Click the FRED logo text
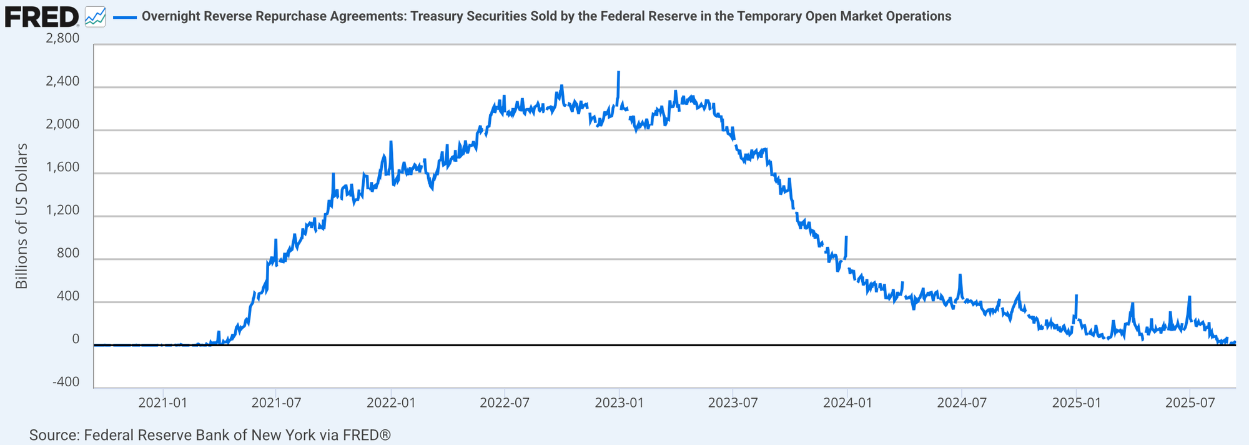(x=41, y=17)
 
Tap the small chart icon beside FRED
(x=95, y=17)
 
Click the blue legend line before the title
(x=125, y=17)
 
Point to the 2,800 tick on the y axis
(x=63, y=38)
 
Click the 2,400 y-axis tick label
(x=63, y=81)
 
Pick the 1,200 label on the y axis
(x=63, y=210)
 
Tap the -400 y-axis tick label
(x=66, y=382)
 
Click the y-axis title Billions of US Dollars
(x=22, y=216)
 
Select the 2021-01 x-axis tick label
(x=162, y=402)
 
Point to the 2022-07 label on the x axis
(x=505, y=402)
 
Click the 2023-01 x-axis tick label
(x=619, y=402)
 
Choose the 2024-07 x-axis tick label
(x=962, y=402)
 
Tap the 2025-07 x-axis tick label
(x=1190, y=402)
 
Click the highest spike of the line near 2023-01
(x=618, y=72)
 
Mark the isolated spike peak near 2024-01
(x=846, y=237)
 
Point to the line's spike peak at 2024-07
(x=960, y=275)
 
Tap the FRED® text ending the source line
(x=367, y=435)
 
